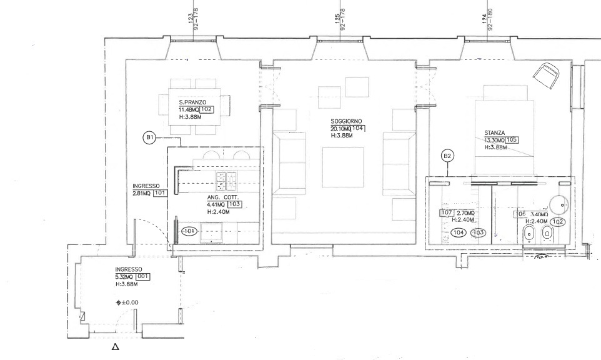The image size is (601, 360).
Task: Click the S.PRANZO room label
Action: [x=192, y=102]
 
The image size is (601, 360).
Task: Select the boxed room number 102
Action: [x=207, y=109]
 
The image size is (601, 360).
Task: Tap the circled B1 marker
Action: [x=149, y=137]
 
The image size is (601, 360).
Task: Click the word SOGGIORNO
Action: [x=347, y=121]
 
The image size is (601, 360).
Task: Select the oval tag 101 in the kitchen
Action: [x=188, y=231]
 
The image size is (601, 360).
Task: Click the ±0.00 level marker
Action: [x=127, y=303]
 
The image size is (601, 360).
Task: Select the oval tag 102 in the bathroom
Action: [x=558, y=221]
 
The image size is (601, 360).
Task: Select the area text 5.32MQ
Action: [x=124, y=276]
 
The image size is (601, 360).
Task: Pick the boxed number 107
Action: [x=446, y=213]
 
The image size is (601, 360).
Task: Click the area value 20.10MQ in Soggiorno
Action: [x=341, y=129]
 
